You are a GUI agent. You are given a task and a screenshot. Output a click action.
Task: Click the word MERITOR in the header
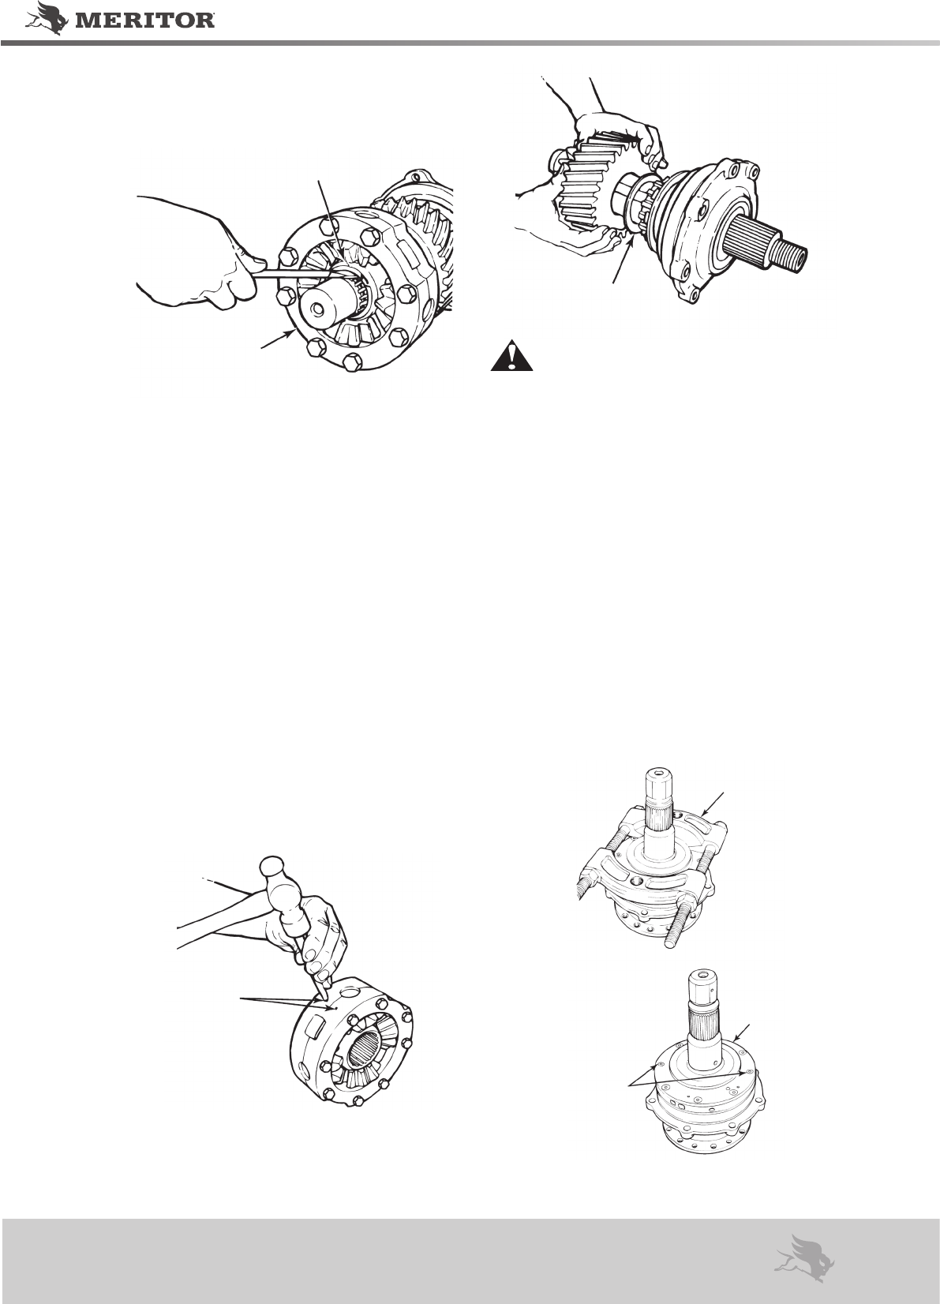point(143,21)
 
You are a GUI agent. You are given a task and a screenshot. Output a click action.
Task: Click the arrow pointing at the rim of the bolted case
point(277,339)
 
